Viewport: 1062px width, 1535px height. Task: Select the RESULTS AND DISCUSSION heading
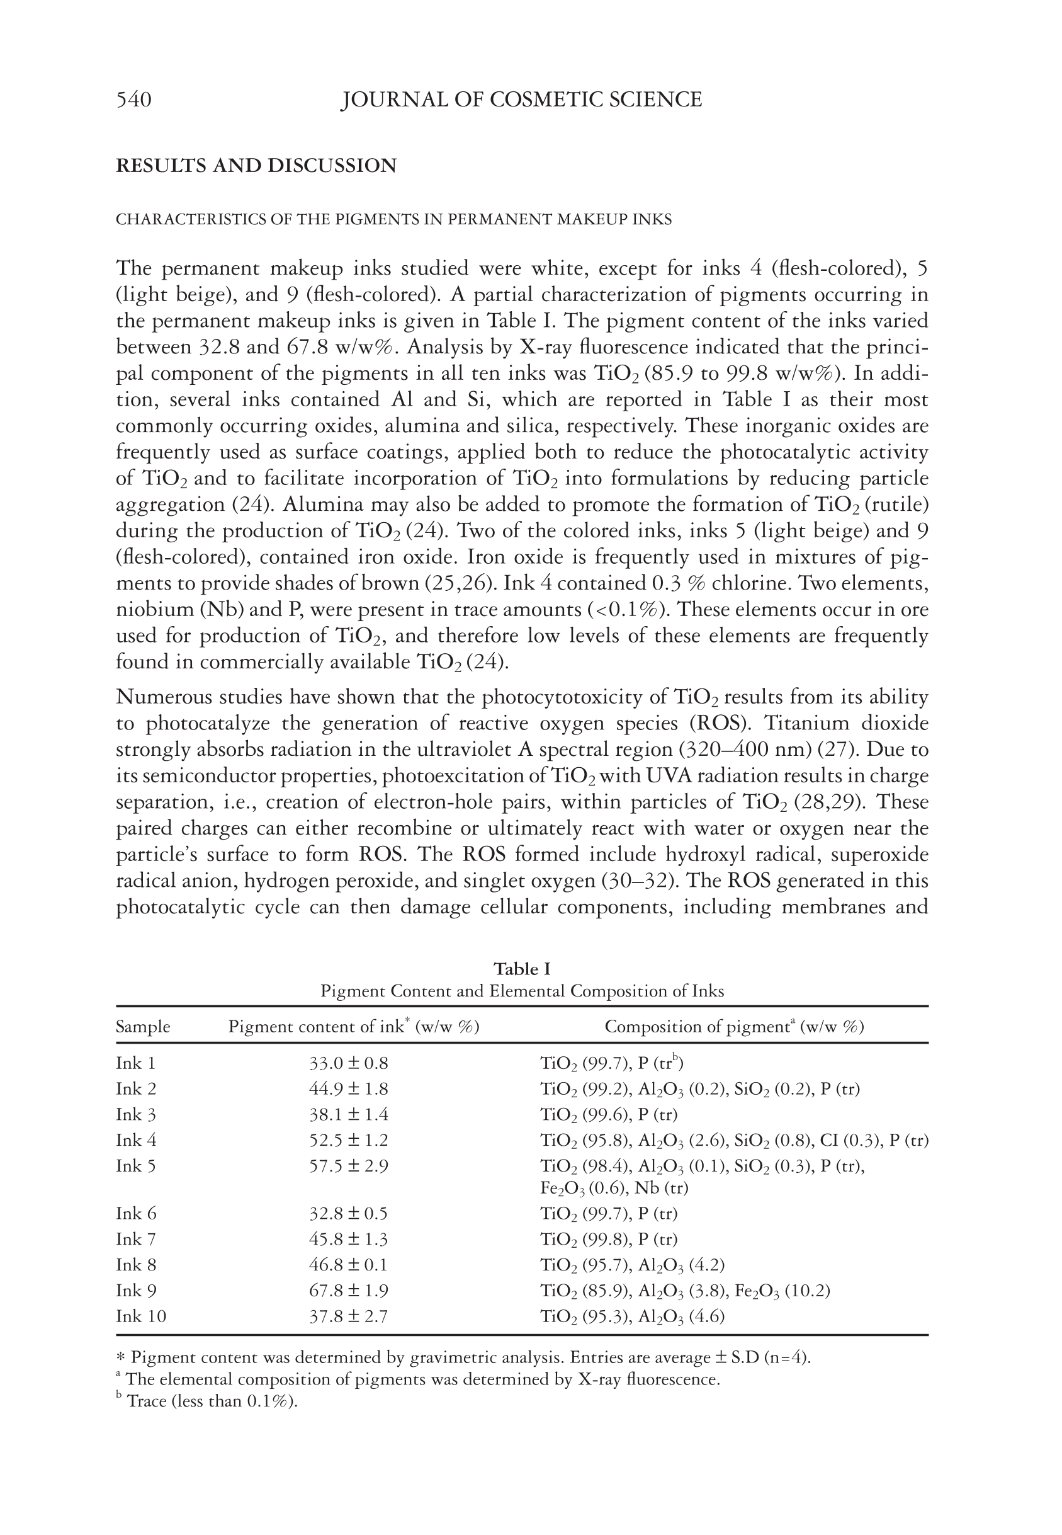click(256, 166)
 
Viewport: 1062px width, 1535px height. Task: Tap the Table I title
click(522, 969)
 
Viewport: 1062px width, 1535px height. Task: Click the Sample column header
click(143, 1027)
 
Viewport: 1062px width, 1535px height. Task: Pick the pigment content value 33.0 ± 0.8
click(349, 1063)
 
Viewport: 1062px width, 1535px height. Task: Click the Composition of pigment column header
click(734, 1027)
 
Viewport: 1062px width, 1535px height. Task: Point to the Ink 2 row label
click(137, 1089)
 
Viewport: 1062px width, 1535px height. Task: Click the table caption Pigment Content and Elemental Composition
click(522, 991)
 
